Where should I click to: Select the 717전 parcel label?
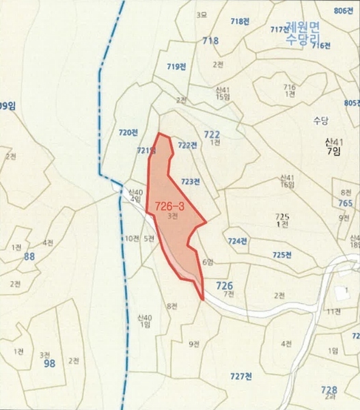coord(281,29)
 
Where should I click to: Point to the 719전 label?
coord(176,66)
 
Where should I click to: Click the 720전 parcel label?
coord(128,132)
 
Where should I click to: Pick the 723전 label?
coord(191,181)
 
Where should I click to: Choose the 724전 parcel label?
coord(238,241)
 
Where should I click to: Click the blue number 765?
coord(345,204)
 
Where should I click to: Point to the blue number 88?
coord(29,256)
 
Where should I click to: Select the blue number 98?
coord(49,364)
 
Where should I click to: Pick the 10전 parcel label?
coord(131,238)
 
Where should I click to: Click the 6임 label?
coord(208,262)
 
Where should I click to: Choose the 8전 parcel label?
coord(171,305)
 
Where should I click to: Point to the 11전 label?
coord(333,312)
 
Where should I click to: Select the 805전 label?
coord(352,102)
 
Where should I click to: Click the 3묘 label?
coord(201,14)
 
